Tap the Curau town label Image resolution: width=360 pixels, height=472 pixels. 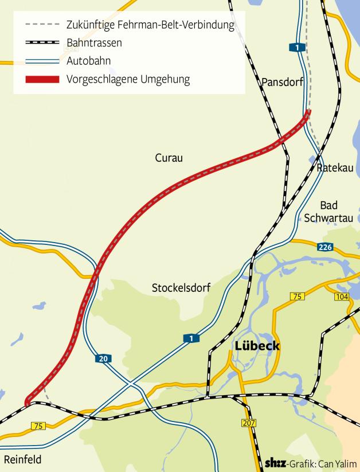169,158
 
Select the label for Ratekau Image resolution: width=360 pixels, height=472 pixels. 334,168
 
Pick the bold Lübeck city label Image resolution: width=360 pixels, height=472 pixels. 257,346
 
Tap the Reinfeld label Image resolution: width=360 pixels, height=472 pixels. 23,459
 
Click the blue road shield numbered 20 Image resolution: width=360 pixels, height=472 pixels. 103,359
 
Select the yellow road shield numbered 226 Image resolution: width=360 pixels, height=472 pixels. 324,247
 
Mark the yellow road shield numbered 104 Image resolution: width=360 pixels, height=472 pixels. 342,296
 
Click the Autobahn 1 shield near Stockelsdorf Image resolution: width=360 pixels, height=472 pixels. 191,338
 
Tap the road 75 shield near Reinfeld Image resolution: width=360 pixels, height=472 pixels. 38,426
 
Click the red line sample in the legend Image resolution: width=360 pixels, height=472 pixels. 42,79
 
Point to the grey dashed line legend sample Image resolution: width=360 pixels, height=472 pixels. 42,25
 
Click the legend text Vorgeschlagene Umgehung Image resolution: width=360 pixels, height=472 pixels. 128,79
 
